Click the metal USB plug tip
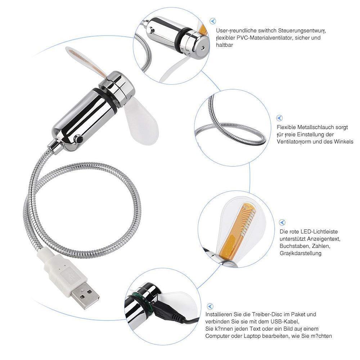point(86,294)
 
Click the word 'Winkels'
point(343,141)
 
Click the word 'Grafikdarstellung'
point(301,253)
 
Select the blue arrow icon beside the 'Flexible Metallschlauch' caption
point(279,118)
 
